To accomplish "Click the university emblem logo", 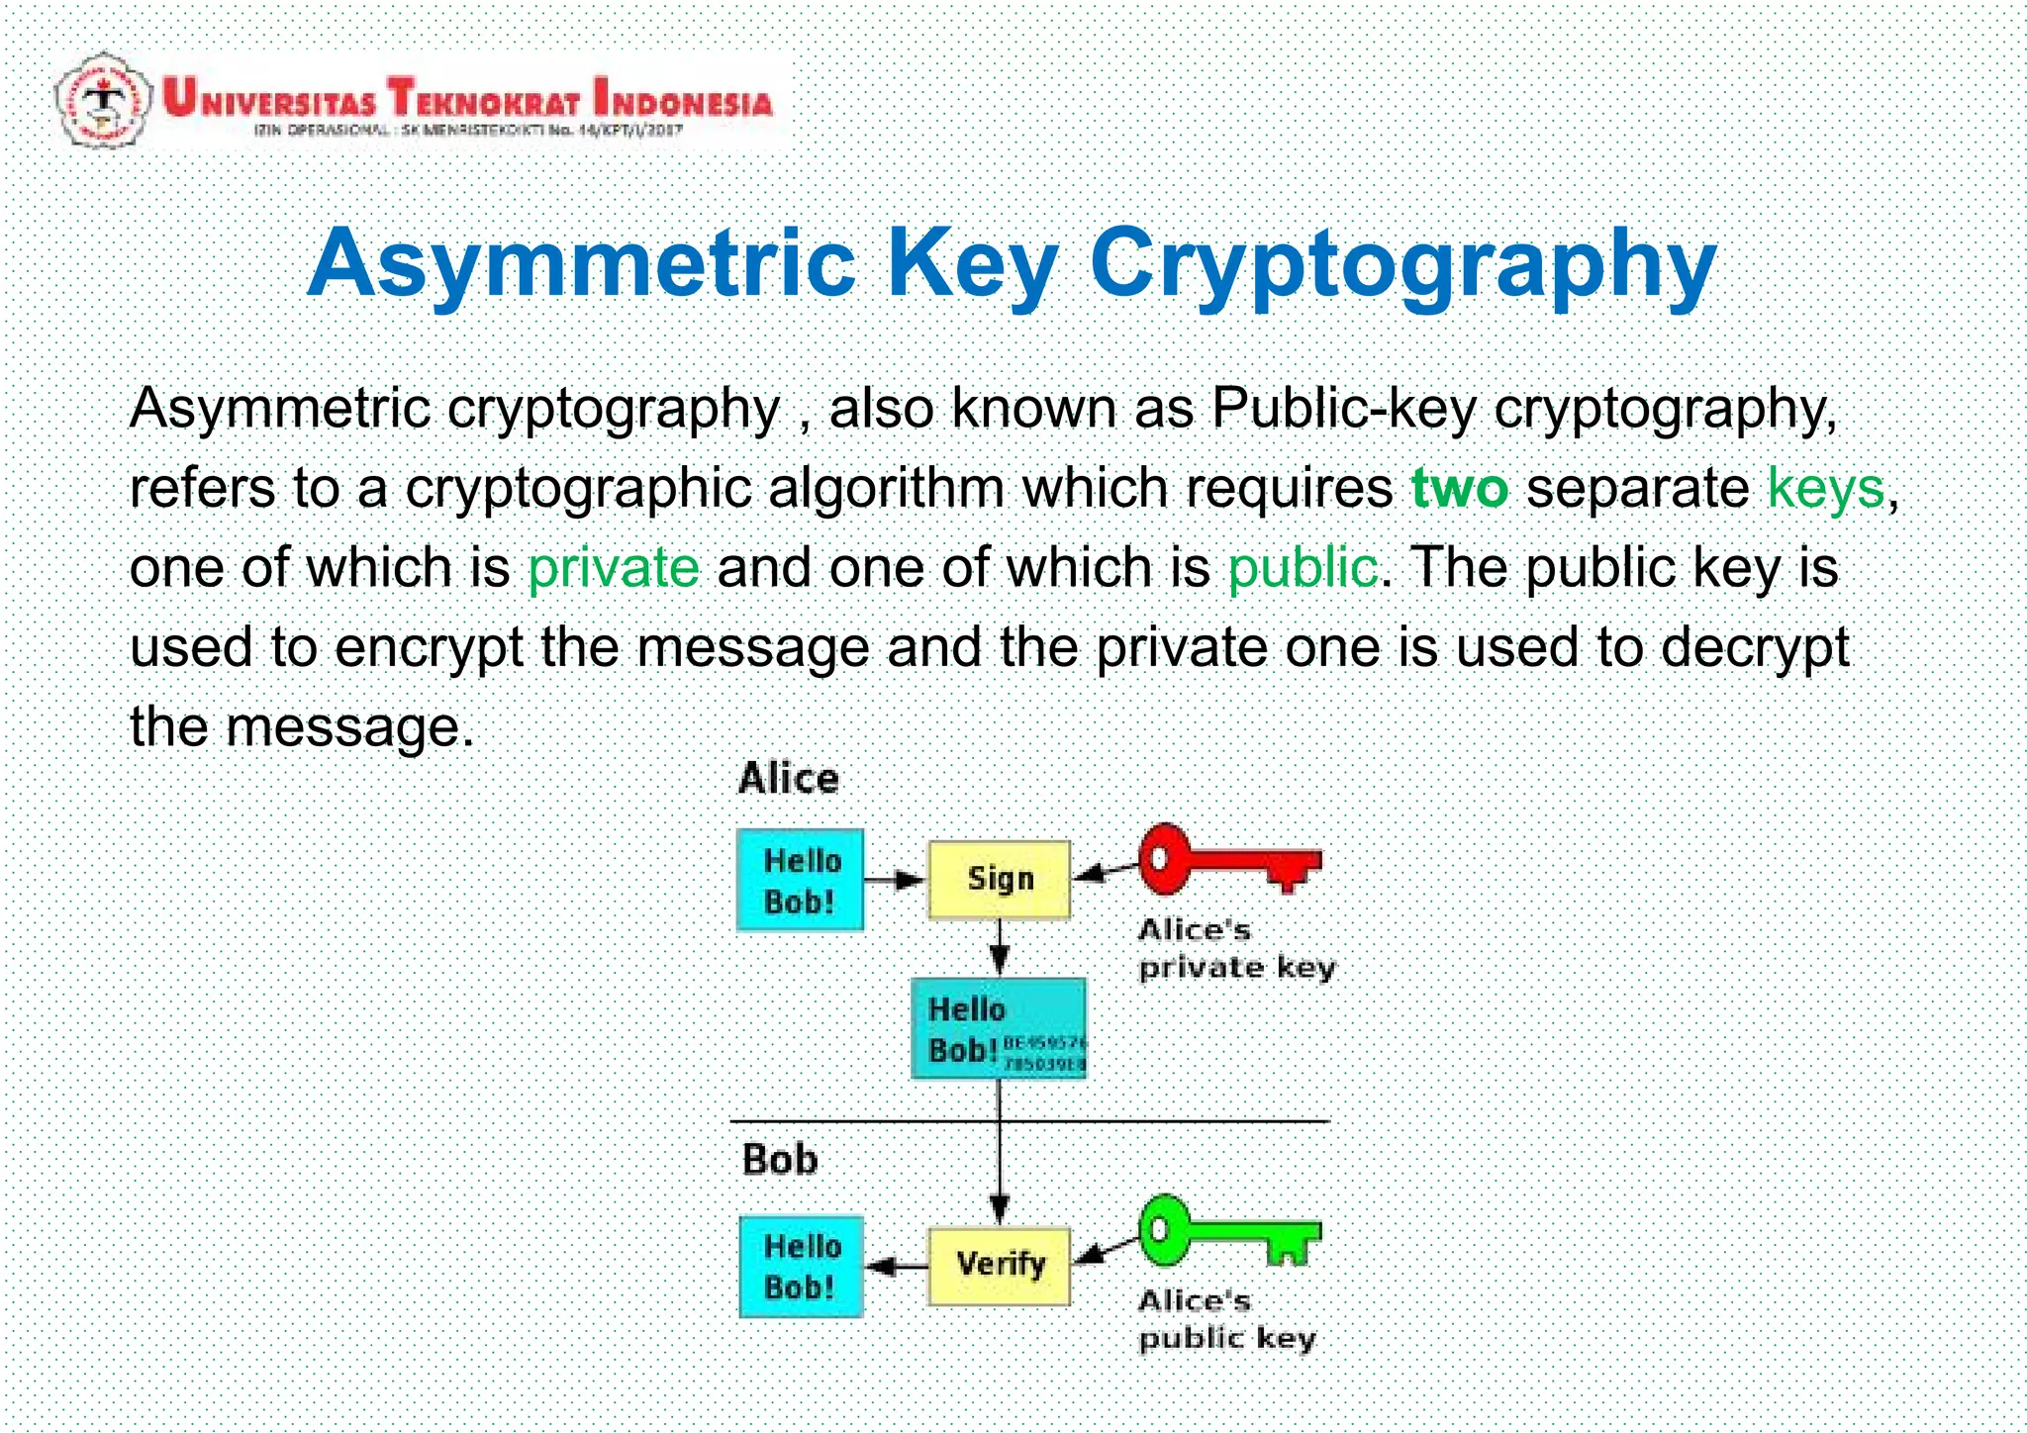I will [102, 100].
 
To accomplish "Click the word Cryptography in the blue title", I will [1402, 263].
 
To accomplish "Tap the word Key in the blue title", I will [972, 263].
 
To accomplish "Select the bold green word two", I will [1459, 488].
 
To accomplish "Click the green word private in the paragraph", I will [613, 568].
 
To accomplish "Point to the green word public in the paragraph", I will [1303, 568].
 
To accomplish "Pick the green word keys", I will [1825, 488].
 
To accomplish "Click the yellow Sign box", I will [999, 879].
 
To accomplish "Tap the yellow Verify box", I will [999, 1266].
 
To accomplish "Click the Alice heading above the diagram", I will [788, 779].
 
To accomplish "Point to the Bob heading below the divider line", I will [780, 1160].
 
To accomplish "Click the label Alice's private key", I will [1234, 948].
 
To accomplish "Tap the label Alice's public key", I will [1225, 1319].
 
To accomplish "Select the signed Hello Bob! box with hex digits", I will [998, 1028].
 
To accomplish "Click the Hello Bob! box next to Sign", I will [800, 880].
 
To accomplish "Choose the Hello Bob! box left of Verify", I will [801, 1267].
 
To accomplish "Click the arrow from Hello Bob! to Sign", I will [895, 879].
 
